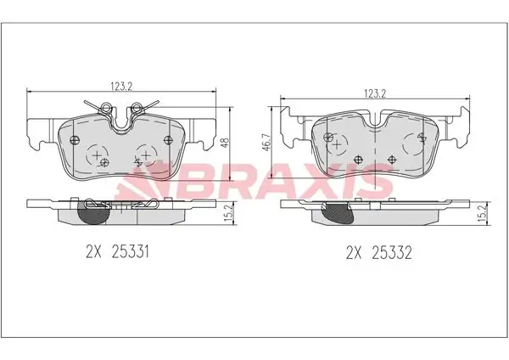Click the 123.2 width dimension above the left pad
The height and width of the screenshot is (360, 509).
[x=121, y=87]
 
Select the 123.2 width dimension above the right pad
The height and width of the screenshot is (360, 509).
[x=375, y=93]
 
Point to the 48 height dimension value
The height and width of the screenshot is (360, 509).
[x=225, y=143]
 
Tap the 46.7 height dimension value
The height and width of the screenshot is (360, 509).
[x=267, y=142]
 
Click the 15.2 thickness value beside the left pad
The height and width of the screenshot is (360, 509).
[x=229, y=213]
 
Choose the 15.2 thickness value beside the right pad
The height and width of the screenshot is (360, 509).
[x=483, y=213]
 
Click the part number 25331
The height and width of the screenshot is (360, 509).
[x=130, y=252]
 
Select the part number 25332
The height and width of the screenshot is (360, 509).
[x=391, y=252]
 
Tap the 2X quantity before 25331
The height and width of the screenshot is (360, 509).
[x=94, y=252]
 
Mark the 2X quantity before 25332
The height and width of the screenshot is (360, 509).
[x=354, y=252]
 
